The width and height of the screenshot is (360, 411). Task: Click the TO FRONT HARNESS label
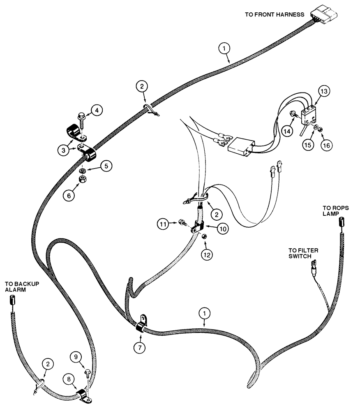pos(274,14)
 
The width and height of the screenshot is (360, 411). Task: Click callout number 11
pos(163,224)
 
